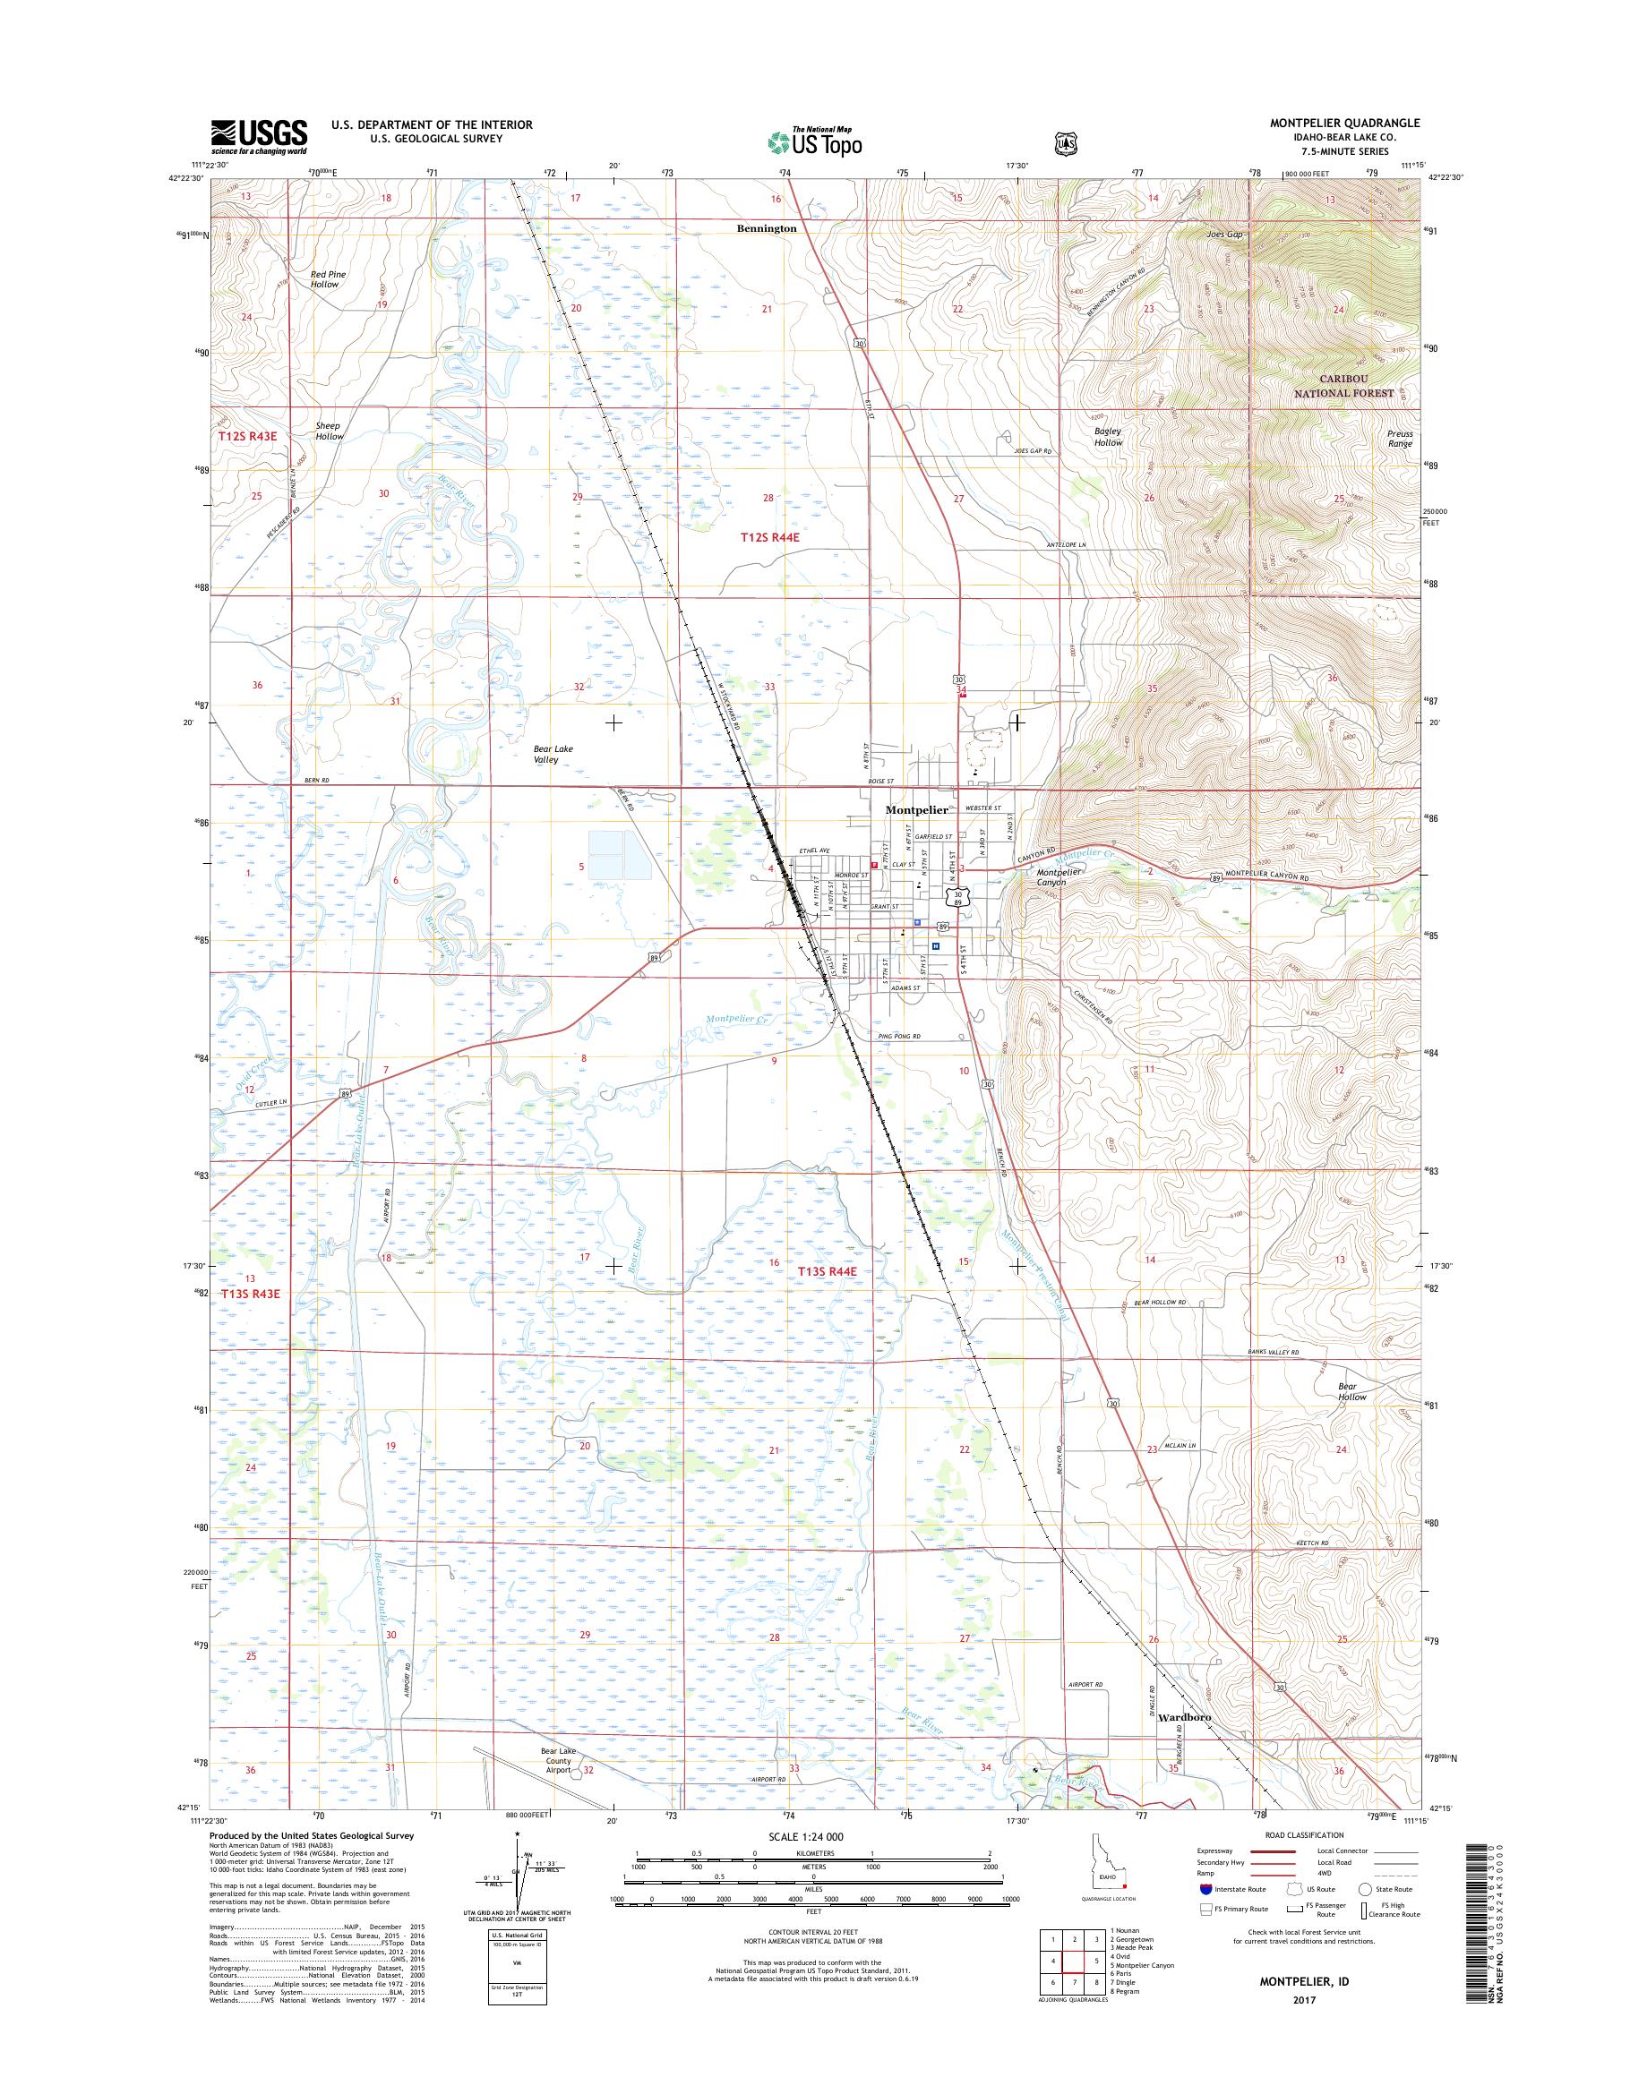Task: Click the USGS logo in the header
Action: (x=259, y=136)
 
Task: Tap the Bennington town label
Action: (x=766, y=229)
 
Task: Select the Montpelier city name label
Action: (x=916, y=809)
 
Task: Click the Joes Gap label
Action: (x=1225, y=235)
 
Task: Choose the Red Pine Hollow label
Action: (x=327, y=278)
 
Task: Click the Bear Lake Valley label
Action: (x=553, y=755)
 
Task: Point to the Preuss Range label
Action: (x=1399, y=438)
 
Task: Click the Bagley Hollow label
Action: (x=1108, y=436)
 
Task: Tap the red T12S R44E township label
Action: (x=769, y=538)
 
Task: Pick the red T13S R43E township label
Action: (x=250, y=1294)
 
